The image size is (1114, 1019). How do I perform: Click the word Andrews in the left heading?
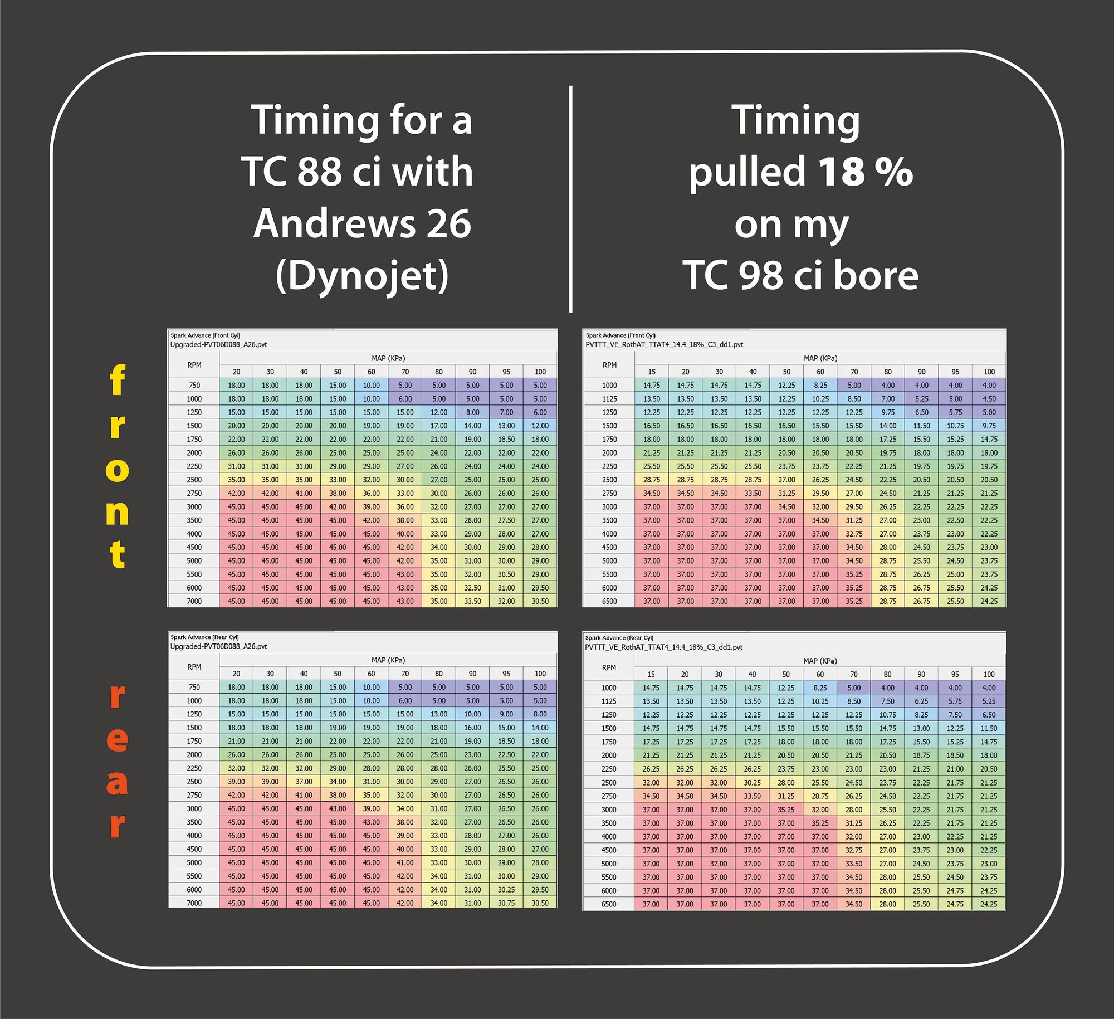tap(334, 223)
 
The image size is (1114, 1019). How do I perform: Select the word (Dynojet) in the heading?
tap(362, 275)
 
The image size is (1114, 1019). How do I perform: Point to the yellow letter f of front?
tap(118, 380)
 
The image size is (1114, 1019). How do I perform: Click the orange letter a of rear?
tap(118, 781)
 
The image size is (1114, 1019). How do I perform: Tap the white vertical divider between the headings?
tap(571, 199)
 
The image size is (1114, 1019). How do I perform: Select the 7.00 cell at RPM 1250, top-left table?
tap(506, 412)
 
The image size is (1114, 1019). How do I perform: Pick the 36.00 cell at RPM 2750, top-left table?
tap(371, 493)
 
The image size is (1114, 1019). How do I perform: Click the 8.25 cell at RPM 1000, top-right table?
tap(820, 385)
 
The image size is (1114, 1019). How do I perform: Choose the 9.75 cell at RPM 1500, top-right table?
tap(989, 426)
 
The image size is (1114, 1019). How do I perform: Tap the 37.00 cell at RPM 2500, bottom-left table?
tap(304, 782)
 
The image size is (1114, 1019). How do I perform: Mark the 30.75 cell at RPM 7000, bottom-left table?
tap(506, 903)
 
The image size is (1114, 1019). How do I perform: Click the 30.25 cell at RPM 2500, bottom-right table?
tap(752, 782)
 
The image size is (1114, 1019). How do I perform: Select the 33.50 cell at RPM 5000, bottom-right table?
tap(853, 864)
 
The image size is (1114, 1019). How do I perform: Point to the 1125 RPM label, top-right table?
tap(609, 399)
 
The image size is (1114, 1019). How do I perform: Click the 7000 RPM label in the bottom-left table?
tap(194, 903)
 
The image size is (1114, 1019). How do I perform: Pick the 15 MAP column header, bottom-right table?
tap(651, 674)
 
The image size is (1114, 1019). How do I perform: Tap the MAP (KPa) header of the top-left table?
tap(388, 358)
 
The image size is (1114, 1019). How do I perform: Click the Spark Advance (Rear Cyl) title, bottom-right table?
tap(619, 638)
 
